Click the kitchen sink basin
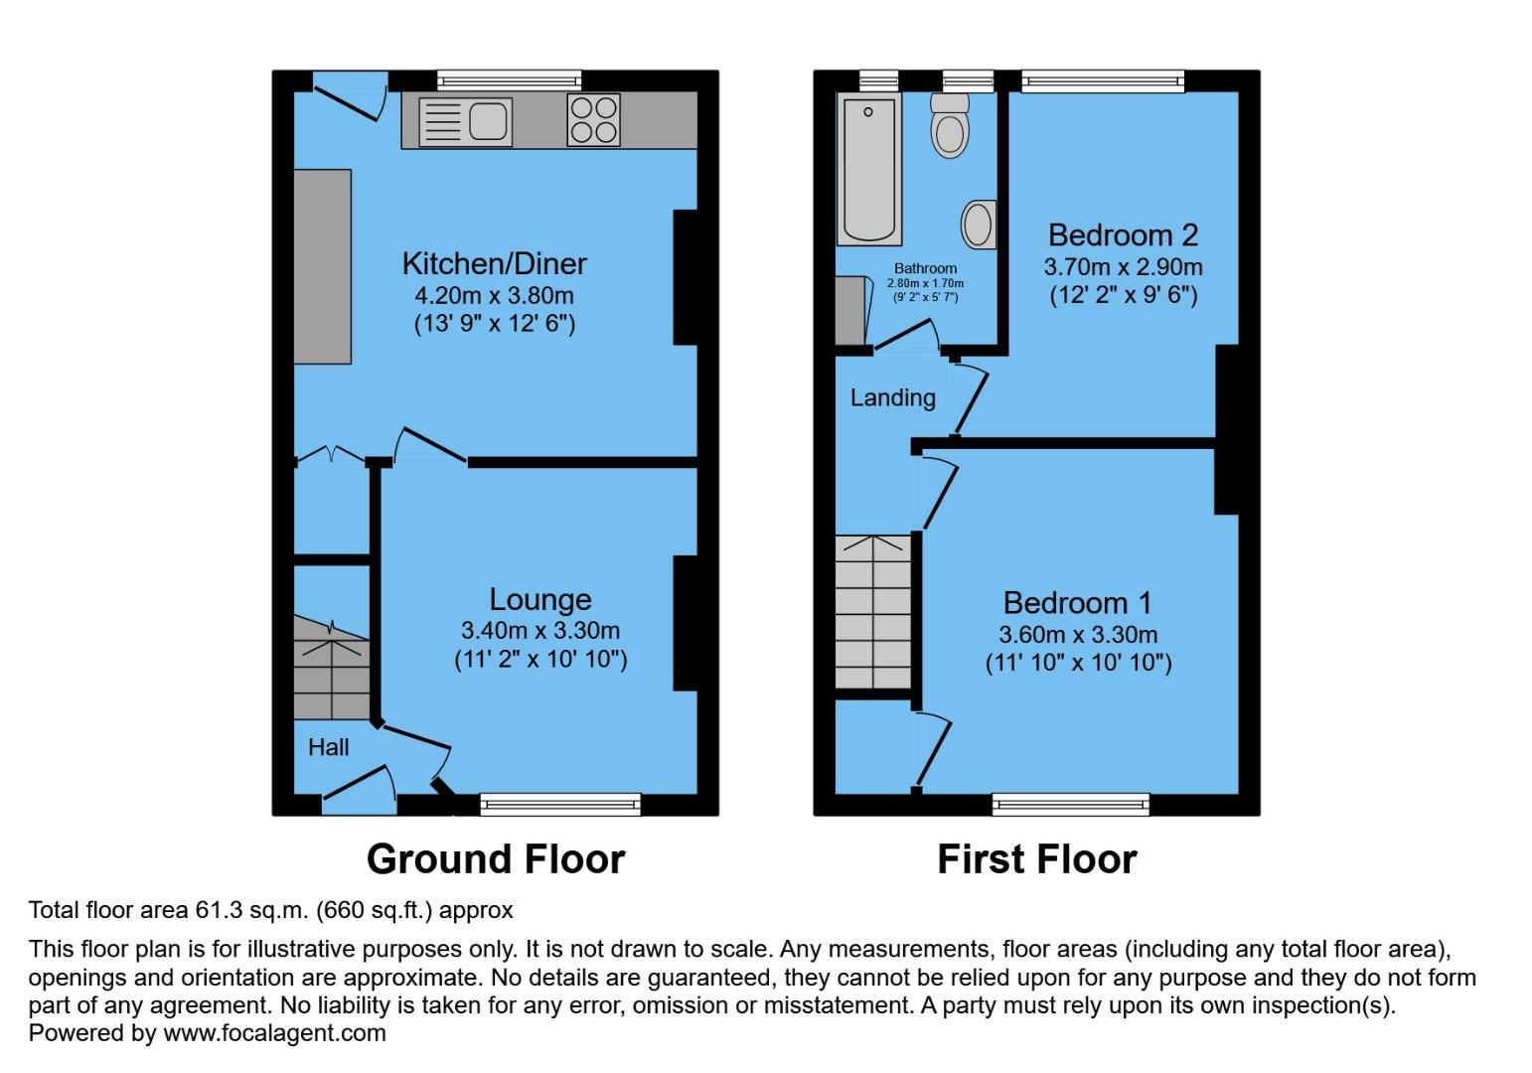(488, 121)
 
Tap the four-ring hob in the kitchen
(593, 120)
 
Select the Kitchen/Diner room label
(494, 263)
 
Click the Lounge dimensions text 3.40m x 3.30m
(539, 631)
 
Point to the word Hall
(328, 747)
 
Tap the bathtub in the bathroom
(868, 170)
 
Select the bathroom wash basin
(979, 225)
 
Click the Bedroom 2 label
(1123, 235)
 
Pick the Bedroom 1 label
(1077, 603)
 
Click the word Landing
(892, 398)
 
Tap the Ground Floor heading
(496, 859)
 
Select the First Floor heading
(1036, 859)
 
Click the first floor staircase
(872, 612)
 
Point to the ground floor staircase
(332, 671)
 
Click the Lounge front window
(560, 803)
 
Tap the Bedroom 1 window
(1071, 803)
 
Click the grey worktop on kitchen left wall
(323, 266)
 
